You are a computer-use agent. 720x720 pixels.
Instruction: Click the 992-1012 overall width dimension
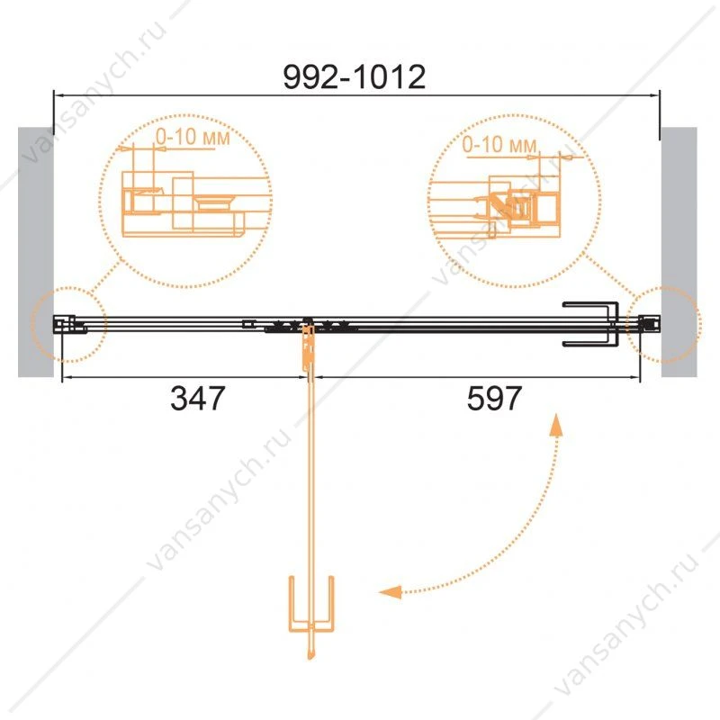coord(354,76)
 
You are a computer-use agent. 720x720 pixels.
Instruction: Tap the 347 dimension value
coord(197,398)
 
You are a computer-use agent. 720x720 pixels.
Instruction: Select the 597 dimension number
coord(494,398)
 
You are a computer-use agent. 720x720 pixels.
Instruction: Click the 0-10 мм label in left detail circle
coord(193,137)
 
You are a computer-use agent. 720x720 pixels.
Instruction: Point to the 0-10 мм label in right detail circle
coord(499,145)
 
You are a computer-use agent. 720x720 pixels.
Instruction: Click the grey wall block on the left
coord(36,252)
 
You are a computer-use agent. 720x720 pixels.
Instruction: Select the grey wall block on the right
coord(679,252)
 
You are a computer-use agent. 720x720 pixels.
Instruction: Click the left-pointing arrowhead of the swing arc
coord(390,592)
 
